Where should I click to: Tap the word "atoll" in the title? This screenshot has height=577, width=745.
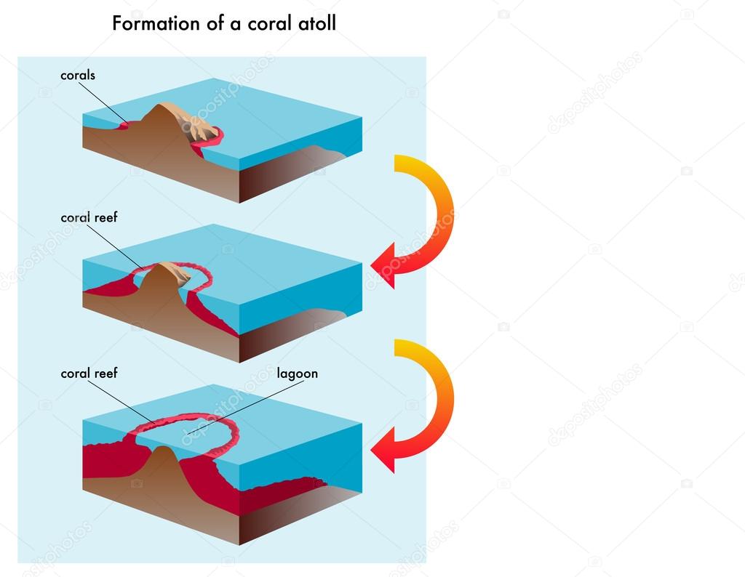point(317,24)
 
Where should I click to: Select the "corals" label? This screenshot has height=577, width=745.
point(78,75)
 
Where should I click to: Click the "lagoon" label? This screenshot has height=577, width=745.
point(297,374)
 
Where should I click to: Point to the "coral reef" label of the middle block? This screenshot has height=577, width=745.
point(89,217)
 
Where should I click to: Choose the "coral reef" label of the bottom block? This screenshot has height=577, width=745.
point(89,374)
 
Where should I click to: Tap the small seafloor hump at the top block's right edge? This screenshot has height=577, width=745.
point(320,153)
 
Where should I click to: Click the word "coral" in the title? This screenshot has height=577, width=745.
point(258,24)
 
